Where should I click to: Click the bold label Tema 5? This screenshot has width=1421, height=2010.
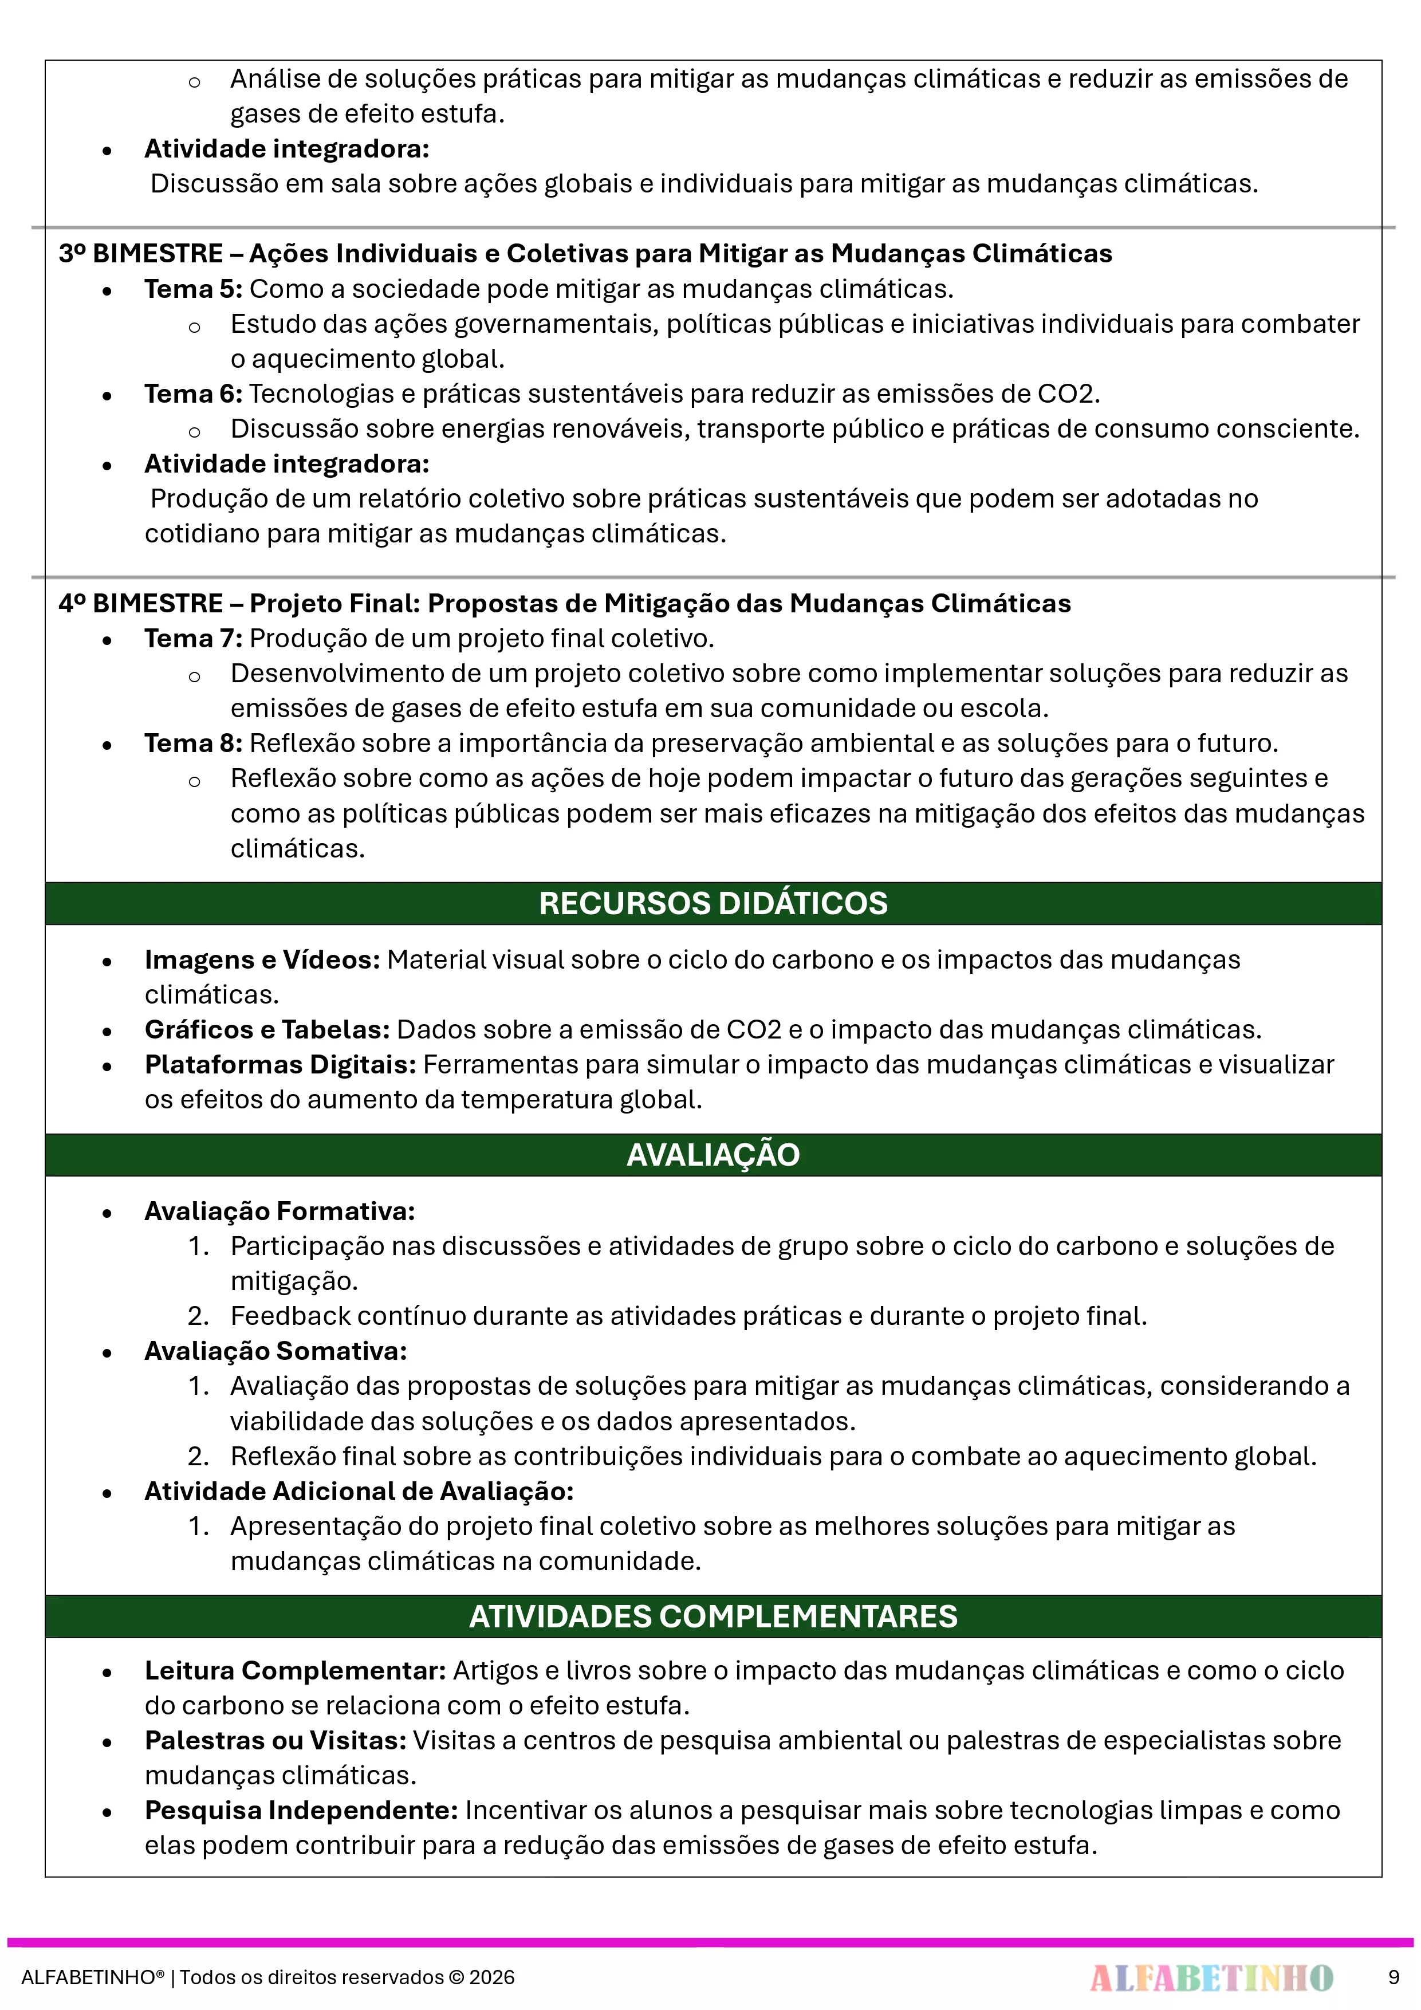click(x=192, y=289)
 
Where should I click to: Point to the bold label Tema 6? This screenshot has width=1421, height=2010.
click(x=192, y=394)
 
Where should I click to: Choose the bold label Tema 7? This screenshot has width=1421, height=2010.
click(x=192, y=638)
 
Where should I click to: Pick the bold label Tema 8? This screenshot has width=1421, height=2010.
click(x=192, y=744)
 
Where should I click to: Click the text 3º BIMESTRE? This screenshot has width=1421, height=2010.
click(x=140, y=254)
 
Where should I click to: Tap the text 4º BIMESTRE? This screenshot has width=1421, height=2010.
click(x=140, y=603)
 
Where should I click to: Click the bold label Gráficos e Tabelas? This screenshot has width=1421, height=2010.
click(x=267, y=1029)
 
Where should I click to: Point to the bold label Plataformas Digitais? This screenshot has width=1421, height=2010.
click(x=280, y=1064)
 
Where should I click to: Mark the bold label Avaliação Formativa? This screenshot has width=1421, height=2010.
click(x=280, y=1211)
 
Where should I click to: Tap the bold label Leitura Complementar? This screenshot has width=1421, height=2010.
click(x=296, y=1670)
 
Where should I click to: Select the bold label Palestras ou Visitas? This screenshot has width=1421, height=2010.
click(x=275, y=1740)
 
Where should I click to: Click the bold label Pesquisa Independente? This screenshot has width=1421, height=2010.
click(x=301, y=1811)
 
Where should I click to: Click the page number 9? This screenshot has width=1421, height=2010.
click(x=1393, y=1977)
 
